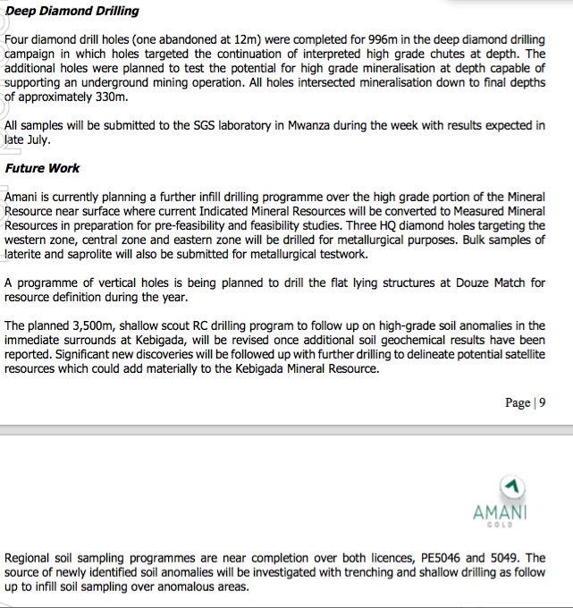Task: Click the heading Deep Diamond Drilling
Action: click(x=72, y=12)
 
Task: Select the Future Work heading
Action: click(x=42, y=168)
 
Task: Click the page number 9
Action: click(x=542, y=402)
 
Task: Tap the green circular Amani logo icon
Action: click(x=511, y=486)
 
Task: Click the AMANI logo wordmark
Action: click(x=501, y=512)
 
